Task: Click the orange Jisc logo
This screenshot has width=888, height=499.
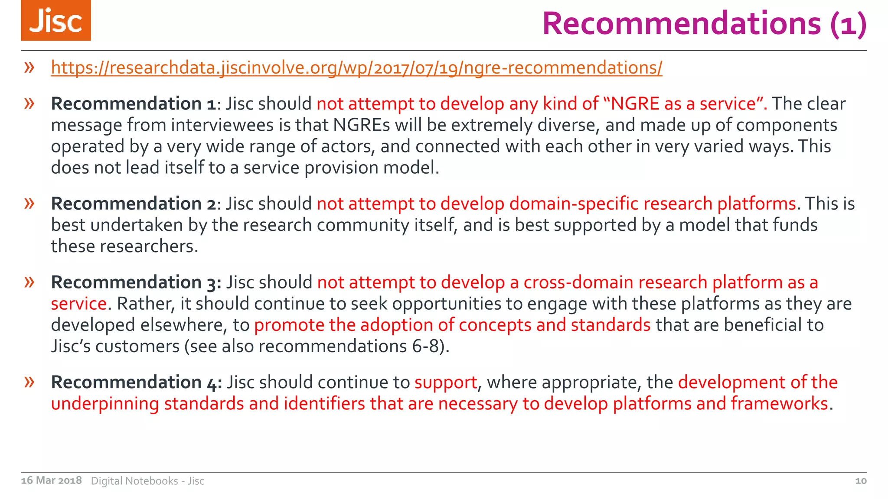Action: (56, 20)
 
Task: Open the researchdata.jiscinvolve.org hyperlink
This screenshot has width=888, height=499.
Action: (356, 68)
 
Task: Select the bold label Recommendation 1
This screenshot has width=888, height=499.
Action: (133, 104)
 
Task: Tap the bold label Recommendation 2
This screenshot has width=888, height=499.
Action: (133, 204)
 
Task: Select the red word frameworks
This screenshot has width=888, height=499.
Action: (779, 404)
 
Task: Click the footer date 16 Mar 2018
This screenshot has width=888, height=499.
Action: (51, 480)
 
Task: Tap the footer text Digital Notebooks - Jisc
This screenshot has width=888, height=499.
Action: (147, 481)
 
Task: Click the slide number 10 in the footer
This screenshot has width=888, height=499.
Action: (860, 481)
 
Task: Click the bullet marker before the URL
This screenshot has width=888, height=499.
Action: (29, 68)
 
